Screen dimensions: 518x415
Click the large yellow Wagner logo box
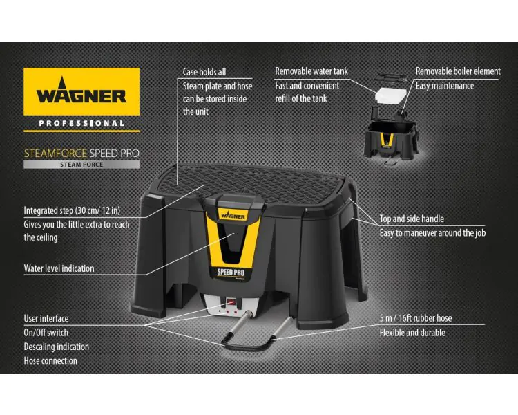81,92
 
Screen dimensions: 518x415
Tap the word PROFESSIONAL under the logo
81,123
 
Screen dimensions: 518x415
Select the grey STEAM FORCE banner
81,165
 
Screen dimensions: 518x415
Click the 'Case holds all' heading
204,72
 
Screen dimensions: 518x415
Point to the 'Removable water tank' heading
311,71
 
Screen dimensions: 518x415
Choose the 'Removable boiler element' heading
458,71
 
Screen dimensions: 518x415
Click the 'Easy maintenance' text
444,86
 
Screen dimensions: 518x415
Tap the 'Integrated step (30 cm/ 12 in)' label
72,210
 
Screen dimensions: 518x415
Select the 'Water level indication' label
59,268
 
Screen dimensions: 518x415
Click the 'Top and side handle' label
412,219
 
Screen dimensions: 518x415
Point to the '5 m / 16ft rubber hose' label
415,318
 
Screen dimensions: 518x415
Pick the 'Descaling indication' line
56,347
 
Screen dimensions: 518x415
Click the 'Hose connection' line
50,360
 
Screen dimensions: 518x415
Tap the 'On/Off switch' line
46,332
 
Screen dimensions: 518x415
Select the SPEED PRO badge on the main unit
231,273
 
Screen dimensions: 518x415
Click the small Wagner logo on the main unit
233,215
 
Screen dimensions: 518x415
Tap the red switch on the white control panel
231,302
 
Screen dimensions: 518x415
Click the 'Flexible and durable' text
412,332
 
